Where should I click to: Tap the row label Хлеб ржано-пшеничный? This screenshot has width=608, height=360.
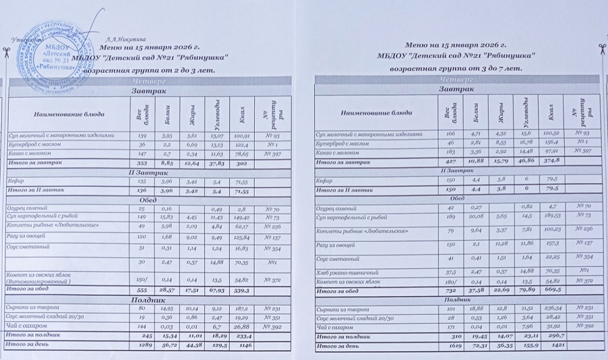point(343,271)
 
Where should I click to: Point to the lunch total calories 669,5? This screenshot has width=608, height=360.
point(552,291)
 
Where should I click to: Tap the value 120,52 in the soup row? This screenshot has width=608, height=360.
point(552,133)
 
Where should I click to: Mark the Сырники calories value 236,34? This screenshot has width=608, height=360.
point(552,308)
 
